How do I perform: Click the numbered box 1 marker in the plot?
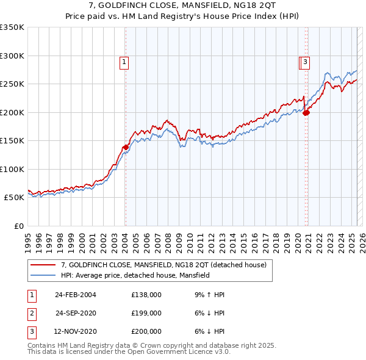point(124,61)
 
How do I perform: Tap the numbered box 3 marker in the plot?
point(304,61)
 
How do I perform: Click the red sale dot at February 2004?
point(126,147)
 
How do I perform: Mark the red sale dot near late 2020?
point(306,112)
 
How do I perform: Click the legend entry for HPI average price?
point(135,276)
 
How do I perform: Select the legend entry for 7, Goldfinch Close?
point(163,265)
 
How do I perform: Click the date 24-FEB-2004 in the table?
point(75,295)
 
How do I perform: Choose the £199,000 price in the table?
point(146,313)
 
